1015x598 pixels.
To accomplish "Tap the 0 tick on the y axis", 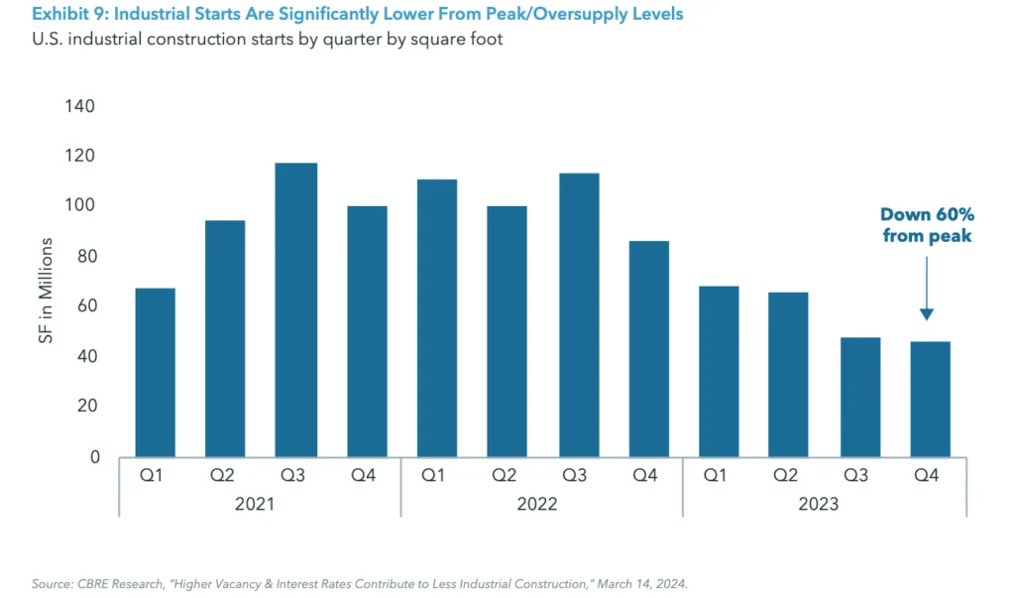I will click(x=94, y=457).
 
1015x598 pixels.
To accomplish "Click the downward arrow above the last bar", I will click(x=926, y=288).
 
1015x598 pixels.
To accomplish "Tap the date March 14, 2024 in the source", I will click(x=648, y=583).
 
